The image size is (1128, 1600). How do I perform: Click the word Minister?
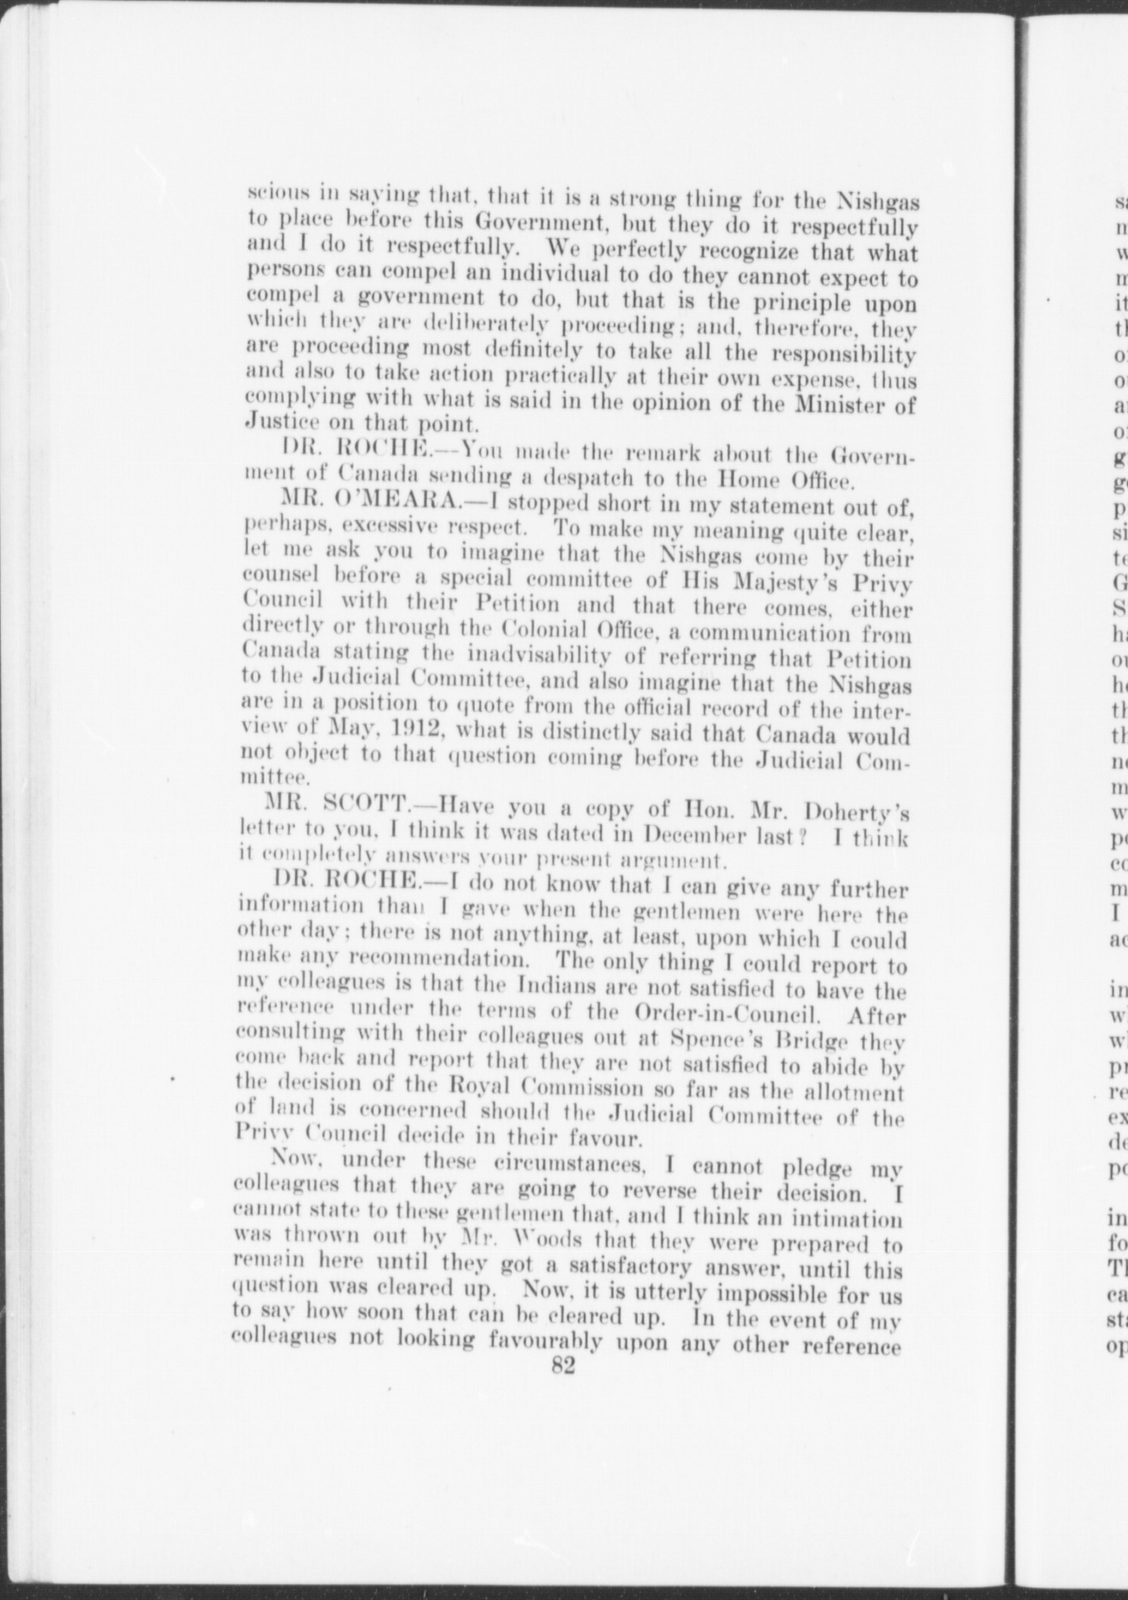click(x=834, y=406)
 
